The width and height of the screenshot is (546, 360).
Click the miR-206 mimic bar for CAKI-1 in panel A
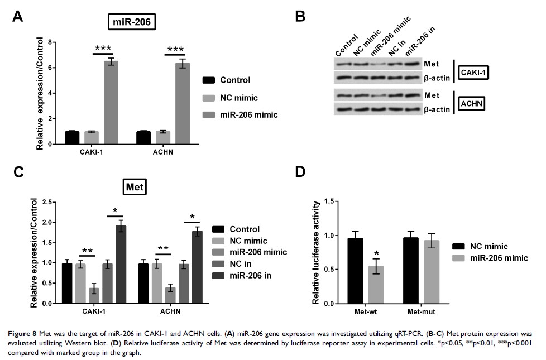(x=112, y=103)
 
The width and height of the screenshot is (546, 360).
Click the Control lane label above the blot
(x=346, y=45)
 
